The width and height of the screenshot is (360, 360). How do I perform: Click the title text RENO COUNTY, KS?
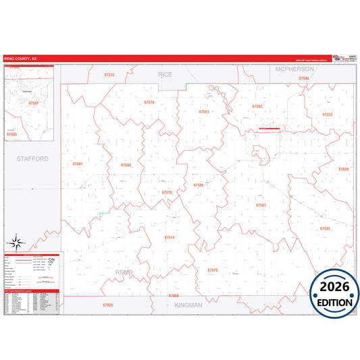[x=21, y=59]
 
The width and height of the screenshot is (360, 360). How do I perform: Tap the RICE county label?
[x=165, y=74]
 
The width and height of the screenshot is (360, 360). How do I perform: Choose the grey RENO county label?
[x=124, y=272]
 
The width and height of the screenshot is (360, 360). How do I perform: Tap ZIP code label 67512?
[x=109, y=75]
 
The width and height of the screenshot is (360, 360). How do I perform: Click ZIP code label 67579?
[x=149, y=103]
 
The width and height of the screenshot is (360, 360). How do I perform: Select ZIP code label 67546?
[x=304, y=79]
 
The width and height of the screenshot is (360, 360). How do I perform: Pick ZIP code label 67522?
[x=327, y=115]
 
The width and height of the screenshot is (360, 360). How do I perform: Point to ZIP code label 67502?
[x=257, y=107]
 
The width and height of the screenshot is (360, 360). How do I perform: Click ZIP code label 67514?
[x=170, y=238]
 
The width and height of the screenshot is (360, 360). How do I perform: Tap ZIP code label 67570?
[x=213, y=270]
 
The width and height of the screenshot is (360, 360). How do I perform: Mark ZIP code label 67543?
[x=325, y=228]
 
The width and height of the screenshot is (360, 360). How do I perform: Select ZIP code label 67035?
[x=108, y=305]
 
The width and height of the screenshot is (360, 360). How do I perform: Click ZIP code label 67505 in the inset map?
[x=11, y=134]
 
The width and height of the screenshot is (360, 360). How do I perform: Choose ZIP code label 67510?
[x=167, y=192]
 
